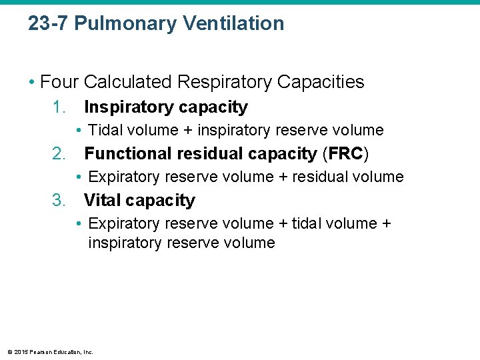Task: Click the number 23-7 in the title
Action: (x=48, y=23)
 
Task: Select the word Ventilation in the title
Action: (x=233, y=23)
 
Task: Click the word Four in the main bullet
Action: (x=59, y=82)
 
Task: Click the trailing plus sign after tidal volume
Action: (x=387, y=223)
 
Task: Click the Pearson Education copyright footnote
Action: (x=51, y=351)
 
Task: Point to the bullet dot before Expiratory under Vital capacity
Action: (x=79, y=223)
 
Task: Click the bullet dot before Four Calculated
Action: (x=31, y=82)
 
